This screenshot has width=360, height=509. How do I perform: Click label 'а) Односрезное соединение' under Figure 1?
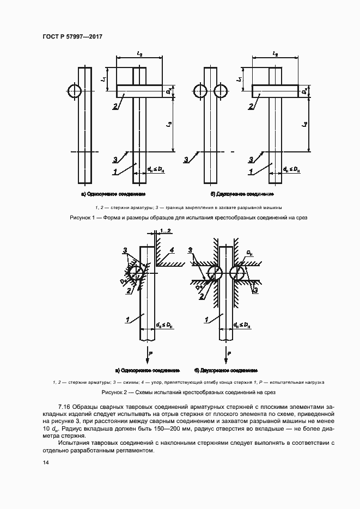tap(113, 194)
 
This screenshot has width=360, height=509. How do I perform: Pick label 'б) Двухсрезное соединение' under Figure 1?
tap(242, 194)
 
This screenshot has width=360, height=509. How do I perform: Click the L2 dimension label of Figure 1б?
tap(274, 54)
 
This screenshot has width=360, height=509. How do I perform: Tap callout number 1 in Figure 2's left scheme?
tap(126, 320)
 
